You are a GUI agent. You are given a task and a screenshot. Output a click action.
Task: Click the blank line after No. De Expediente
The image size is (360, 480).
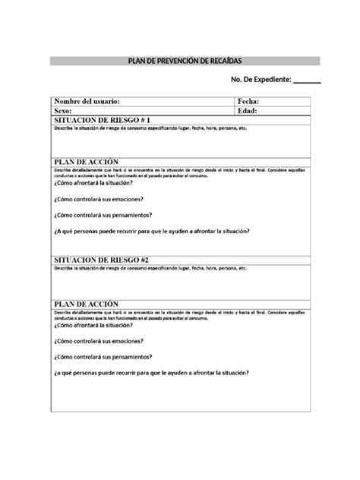click(307, 81)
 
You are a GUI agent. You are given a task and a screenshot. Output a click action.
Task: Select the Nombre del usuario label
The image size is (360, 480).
click(87, 101)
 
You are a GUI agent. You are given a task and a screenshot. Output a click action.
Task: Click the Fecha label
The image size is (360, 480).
click(248, 101)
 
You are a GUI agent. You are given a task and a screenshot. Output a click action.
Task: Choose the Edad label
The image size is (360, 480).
click(248, 111)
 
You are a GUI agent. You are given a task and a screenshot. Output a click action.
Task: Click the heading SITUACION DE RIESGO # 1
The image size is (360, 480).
click(96, 120)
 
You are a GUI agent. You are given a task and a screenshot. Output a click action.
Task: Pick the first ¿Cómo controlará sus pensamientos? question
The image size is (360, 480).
click(103, 216)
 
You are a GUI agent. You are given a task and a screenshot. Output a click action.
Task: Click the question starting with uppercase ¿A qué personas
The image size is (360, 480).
click(152, 232)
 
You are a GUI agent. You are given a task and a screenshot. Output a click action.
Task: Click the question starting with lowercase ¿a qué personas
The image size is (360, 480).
click(152, 372)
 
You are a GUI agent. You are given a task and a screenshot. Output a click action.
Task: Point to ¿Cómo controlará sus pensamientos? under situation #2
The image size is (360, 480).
click(103, 356)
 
